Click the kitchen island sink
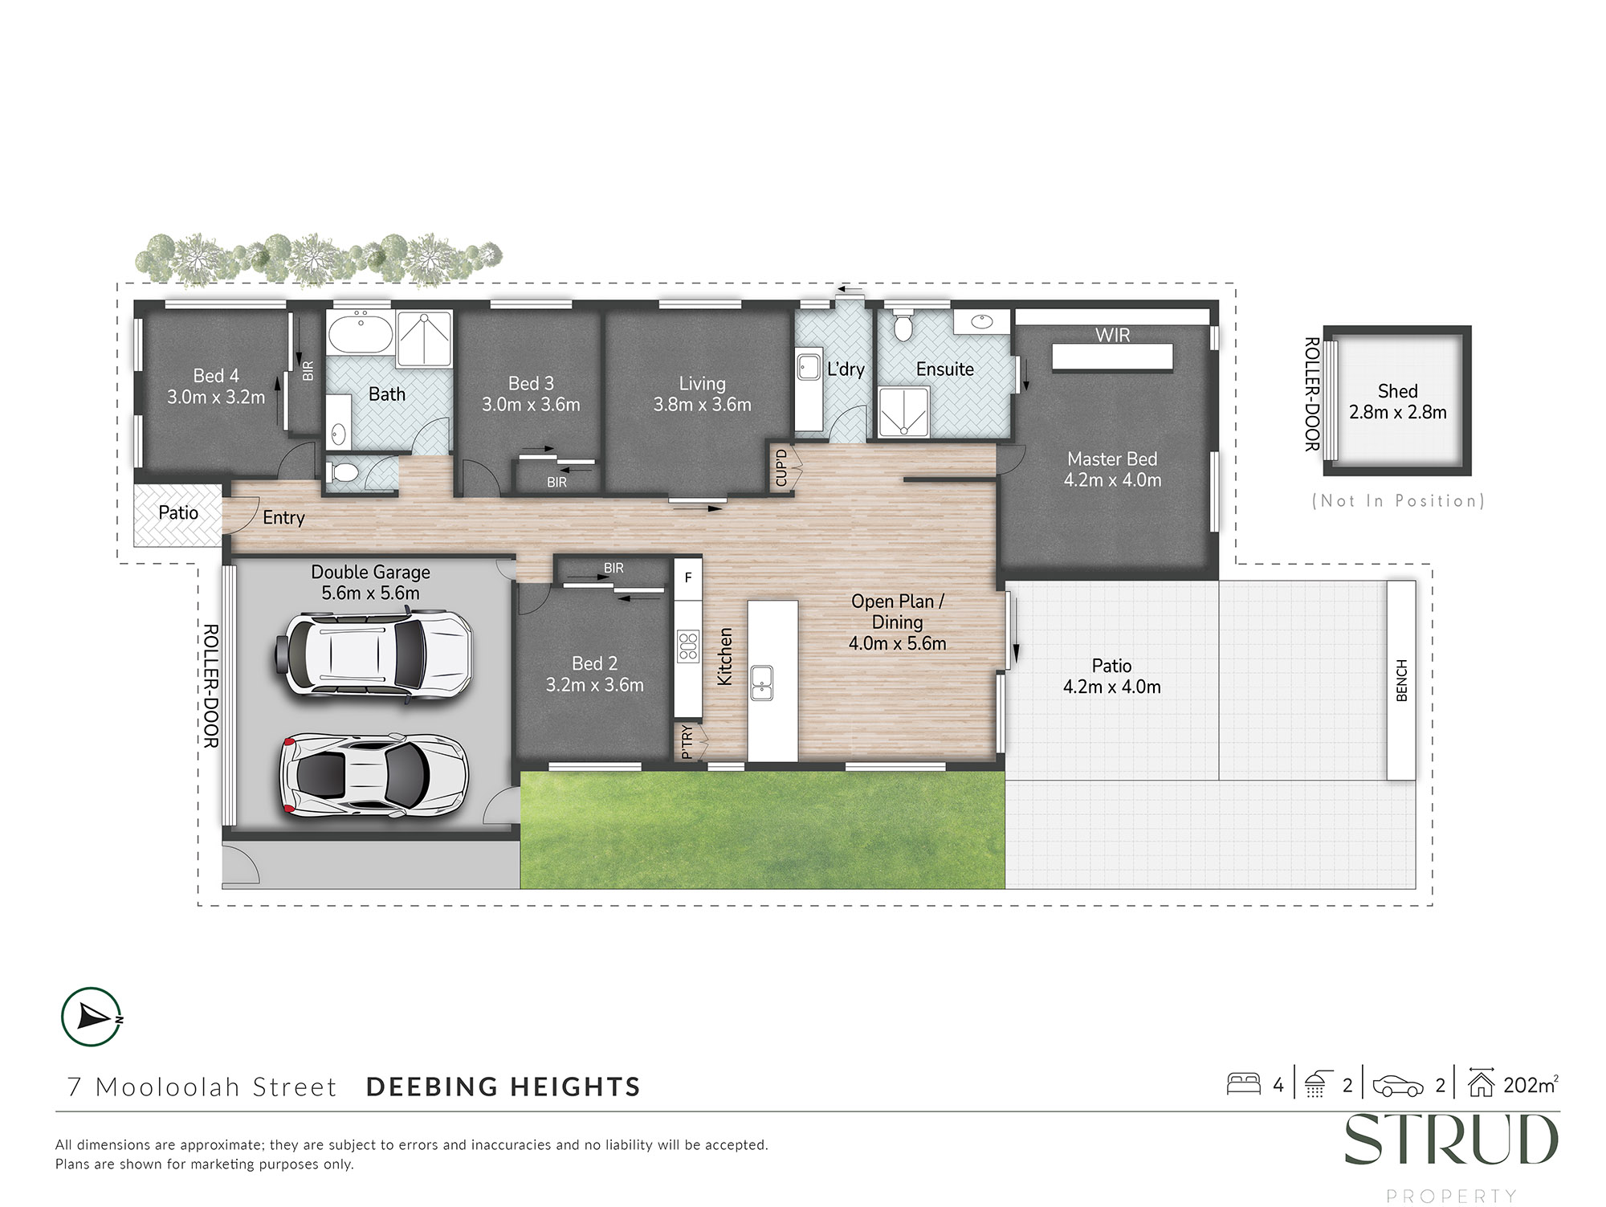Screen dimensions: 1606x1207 click(x=761, y=683)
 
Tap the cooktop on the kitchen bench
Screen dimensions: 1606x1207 click(x=688, y=646)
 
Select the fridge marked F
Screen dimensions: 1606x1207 click(x=688, y=577)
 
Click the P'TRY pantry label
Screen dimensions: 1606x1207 click(x=687, y=742)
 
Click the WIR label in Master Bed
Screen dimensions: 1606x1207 click(x=1112, y=335)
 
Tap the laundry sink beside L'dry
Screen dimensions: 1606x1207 click(x=808, y=366)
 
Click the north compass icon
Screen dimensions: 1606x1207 click(x=92, y=1017)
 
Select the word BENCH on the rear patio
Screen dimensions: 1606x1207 click(x=1402, y=680)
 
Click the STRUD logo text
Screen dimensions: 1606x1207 click(x=1451, y=1140)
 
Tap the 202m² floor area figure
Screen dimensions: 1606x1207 click(x=1531, y=1085)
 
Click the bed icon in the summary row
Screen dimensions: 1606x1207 click(x=1243, y=1084)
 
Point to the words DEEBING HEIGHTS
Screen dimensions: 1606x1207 click(x=503, y=1087)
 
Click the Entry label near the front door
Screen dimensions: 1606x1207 click(x=283, y=518)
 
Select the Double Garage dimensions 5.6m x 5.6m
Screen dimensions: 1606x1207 click(x=370, y=593)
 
